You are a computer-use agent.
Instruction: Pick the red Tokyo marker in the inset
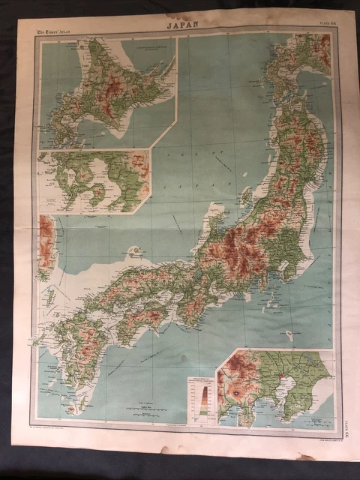click(x=279, y=373)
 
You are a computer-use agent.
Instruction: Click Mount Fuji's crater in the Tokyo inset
click(x=236, y=391)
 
